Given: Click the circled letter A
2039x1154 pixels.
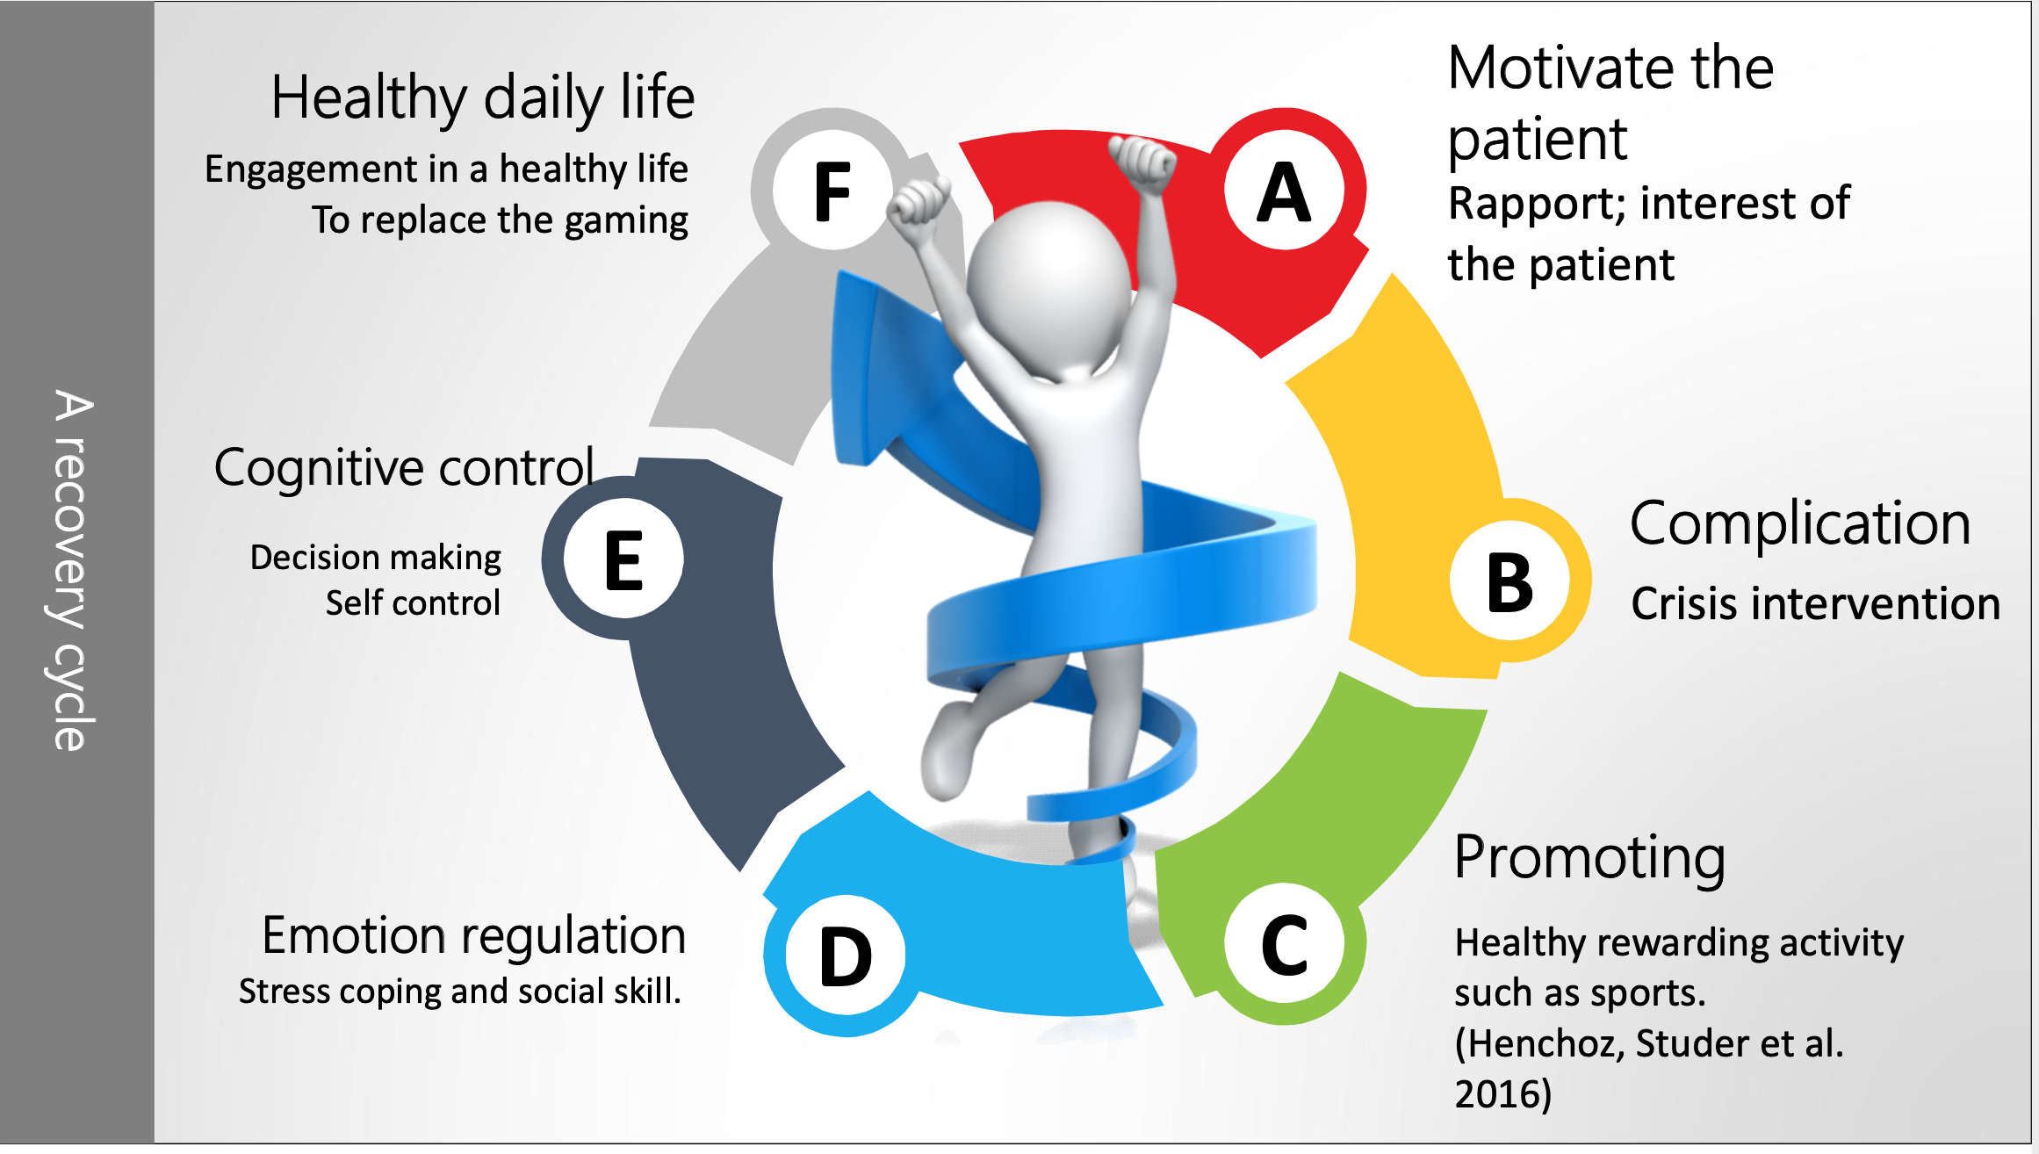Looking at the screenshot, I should pos(1284,191).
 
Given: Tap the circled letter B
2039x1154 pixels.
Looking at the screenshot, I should pos(1509,582).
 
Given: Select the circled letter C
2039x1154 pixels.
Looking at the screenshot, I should pos(1284,944).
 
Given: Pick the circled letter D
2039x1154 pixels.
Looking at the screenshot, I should pos(845,956).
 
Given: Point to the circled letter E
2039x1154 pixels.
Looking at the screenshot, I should pos(623,559).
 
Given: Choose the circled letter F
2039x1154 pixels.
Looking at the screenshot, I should pos(832,191).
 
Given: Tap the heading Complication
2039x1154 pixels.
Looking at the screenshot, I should pos(1800,523).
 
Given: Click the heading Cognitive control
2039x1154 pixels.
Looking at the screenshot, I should pos(404,467).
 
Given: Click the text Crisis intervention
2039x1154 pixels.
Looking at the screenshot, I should pos(1815,604).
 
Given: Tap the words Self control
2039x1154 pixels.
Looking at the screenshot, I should pos(413,603).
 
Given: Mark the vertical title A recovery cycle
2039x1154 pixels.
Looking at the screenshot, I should pos(72,571).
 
